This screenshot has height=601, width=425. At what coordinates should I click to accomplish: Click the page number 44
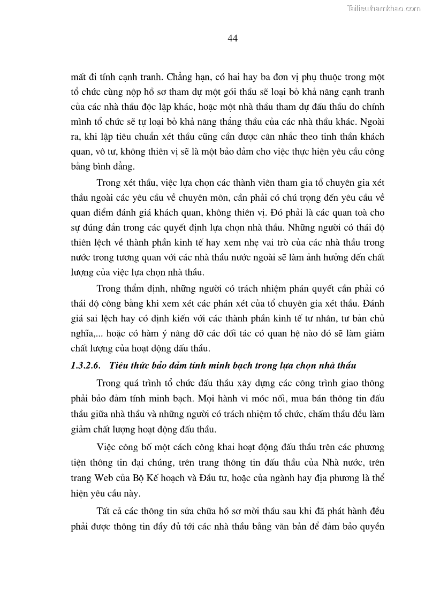point(232,38)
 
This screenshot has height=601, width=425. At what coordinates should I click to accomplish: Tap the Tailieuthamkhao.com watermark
point(384,8)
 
